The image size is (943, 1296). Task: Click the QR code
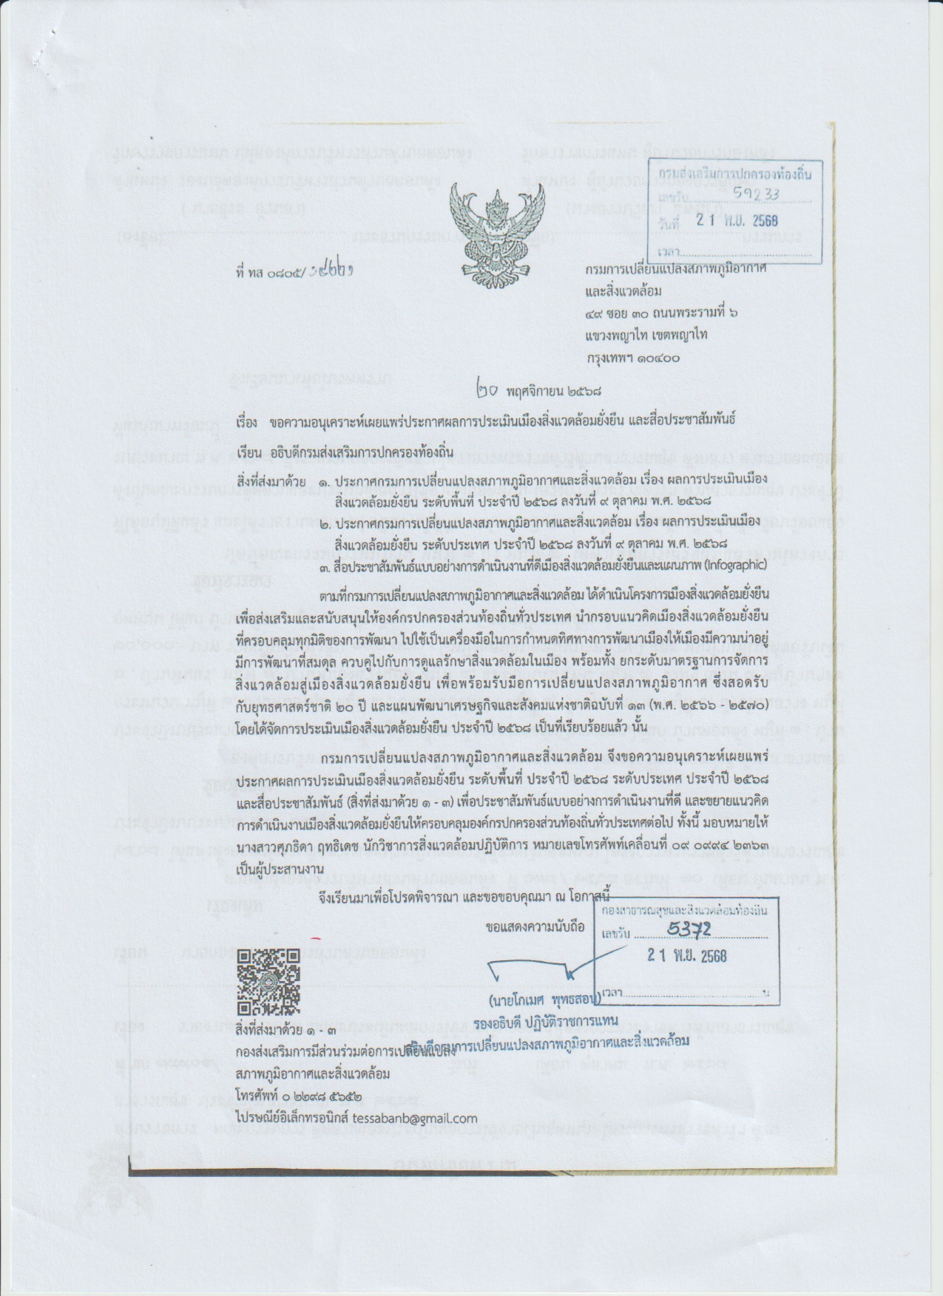[x=268, y=980]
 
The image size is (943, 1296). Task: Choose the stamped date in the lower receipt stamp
[x=686, y=955]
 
